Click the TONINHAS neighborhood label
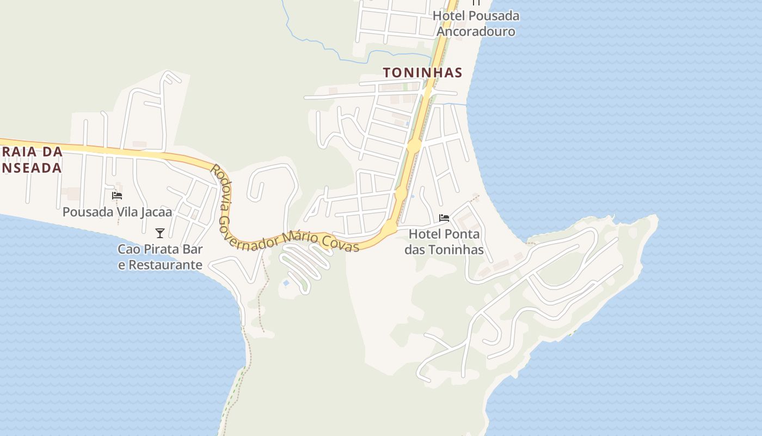(422, 72)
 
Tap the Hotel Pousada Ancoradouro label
(476, 23)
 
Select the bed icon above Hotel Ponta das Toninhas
(444, 218)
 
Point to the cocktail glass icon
(159, 233)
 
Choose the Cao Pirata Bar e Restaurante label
(160, 257)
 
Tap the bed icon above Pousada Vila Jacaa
(117, 196)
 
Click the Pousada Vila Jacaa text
(117, 212)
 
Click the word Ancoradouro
(476, 31)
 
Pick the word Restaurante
(160, 265)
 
